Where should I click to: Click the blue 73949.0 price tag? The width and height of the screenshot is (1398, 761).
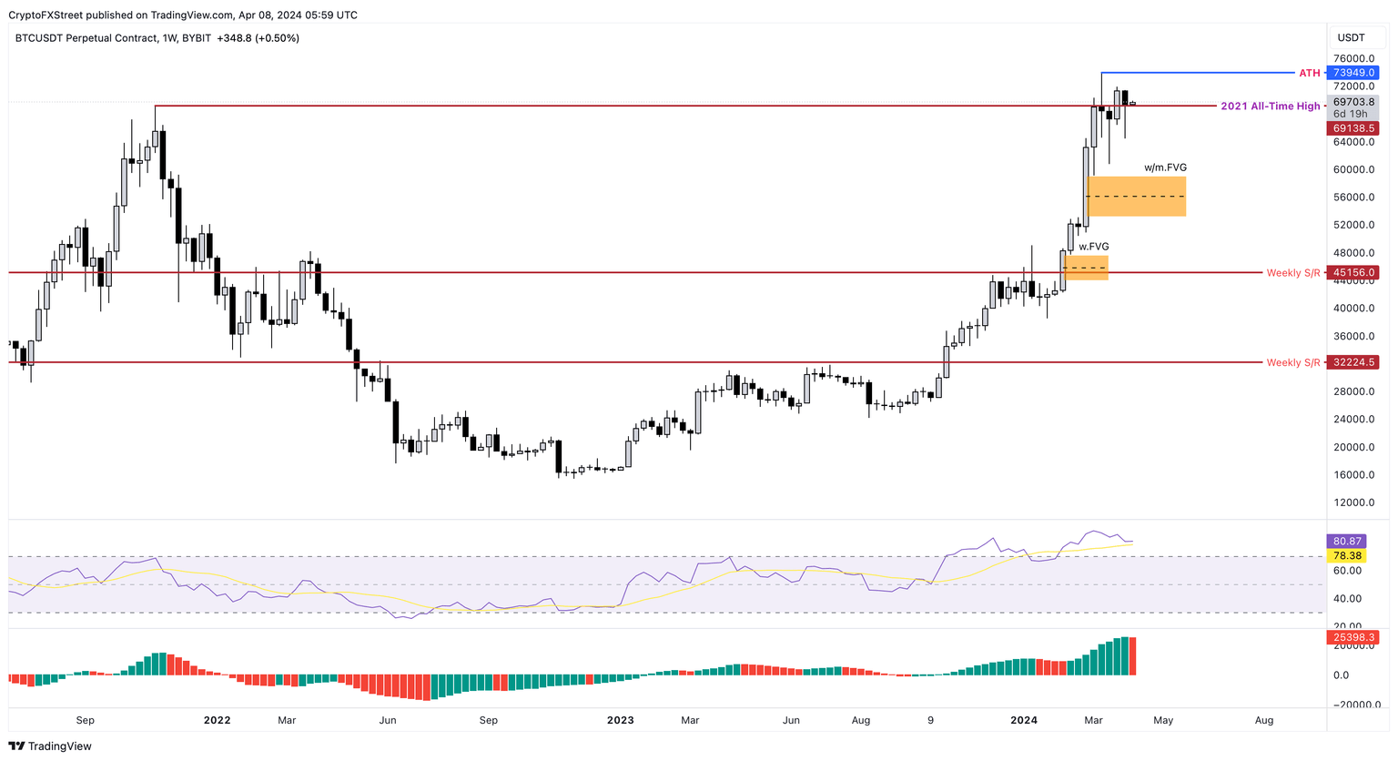pos(1352,73)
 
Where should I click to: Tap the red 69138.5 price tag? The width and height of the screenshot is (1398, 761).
pos(1352,129)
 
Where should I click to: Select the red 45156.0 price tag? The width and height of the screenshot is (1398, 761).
pos(1352,272)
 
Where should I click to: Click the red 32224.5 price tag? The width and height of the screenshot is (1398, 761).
pos(1352,362)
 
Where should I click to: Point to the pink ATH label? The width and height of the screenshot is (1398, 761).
pos(1309,73)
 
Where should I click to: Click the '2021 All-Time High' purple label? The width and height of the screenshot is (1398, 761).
pos(1270,107)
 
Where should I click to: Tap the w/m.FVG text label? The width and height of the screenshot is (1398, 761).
pos(1165,167)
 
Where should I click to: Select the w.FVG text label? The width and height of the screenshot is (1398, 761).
pos(1094,247)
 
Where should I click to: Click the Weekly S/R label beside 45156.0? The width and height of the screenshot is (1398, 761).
pos(1292,273)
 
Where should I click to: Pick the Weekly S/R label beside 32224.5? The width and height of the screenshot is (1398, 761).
pos(1292,362)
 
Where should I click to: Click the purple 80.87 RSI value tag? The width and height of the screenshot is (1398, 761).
pos(1347,542)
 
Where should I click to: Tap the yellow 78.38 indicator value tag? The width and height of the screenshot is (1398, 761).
pos(1347,555)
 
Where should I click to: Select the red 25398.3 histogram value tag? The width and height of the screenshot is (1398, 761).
pos(1352,637)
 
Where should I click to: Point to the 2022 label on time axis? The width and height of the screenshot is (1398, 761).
pos(217,720)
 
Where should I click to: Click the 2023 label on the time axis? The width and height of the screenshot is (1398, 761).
pos(620,720)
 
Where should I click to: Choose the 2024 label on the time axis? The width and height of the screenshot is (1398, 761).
pos(1024,720)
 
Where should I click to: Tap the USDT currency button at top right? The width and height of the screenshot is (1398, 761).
pos(1352,37)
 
